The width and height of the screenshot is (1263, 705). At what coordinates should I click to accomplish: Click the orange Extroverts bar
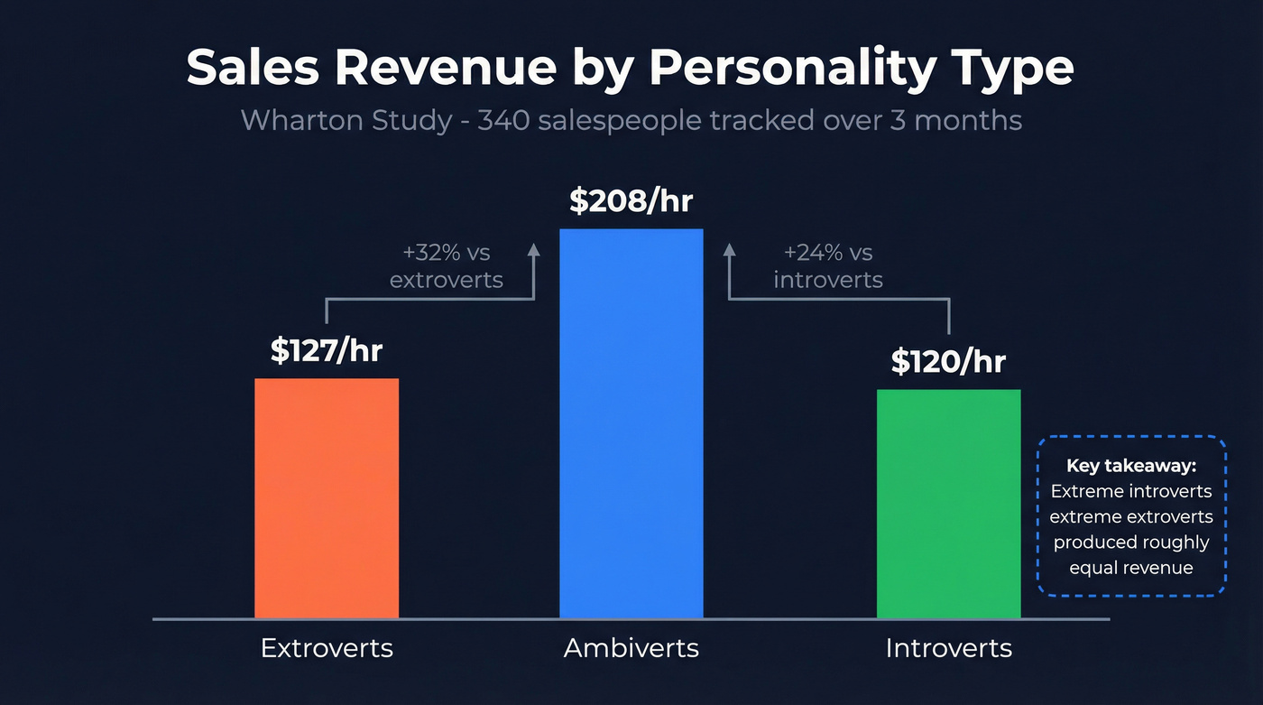point(327,498)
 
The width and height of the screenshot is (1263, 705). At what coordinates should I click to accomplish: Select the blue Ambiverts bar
point(631,423)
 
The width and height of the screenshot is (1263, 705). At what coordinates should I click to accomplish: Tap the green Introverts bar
point(948,504)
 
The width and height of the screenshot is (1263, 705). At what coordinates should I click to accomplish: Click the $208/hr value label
point(631,200)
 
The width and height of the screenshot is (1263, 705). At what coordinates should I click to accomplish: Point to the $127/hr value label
point(327,350)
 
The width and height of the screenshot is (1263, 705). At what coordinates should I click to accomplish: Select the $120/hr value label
point(948,361)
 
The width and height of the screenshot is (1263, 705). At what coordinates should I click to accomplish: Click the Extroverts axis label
point(327,648)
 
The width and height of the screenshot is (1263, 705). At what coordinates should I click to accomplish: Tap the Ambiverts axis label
point(631,648)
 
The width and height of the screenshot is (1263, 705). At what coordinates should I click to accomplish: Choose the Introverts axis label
point(948,648)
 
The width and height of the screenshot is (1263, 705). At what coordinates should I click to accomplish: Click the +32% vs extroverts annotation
point(447,266)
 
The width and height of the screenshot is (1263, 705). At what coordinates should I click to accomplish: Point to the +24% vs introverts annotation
point(827,266)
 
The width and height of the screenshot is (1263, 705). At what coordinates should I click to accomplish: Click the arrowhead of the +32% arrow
point(534,251)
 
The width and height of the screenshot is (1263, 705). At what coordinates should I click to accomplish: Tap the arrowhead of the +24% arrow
point(730,251)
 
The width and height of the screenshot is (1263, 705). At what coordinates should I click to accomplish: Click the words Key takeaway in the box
point(1130,466)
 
